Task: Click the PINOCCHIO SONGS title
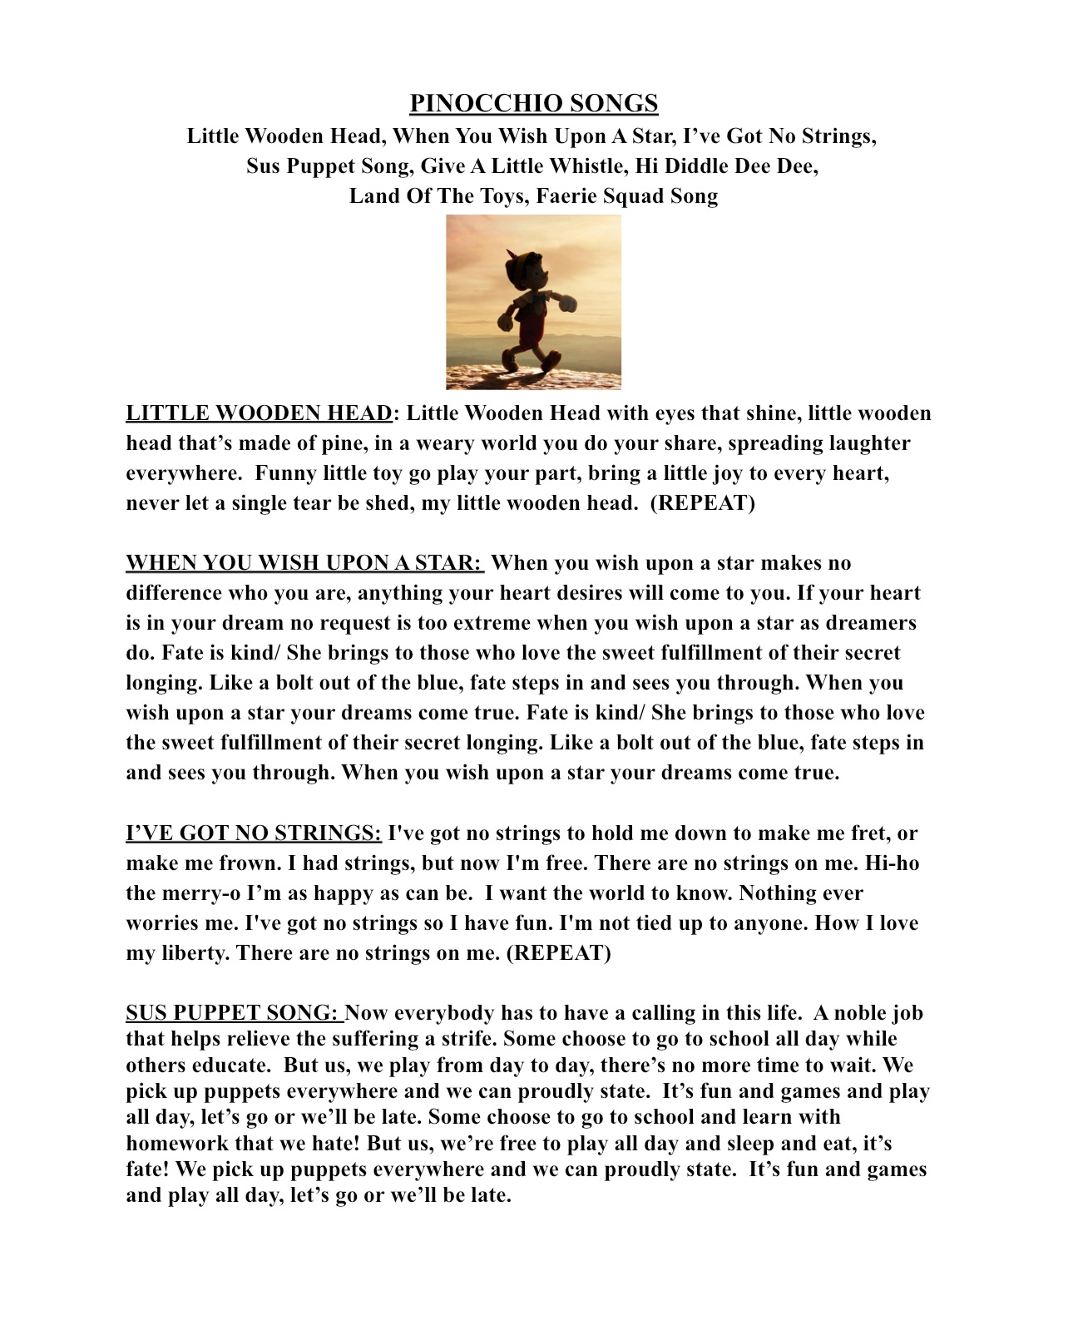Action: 533,103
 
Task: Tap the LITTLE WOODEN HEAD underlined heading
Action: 259,413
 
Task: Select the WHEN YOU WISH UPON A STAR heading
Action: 304,563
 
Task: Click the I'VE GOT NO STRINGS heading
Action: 254,833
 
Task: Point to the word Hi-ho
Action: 892,863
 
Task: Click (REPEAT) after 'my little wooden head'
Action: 702,503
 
